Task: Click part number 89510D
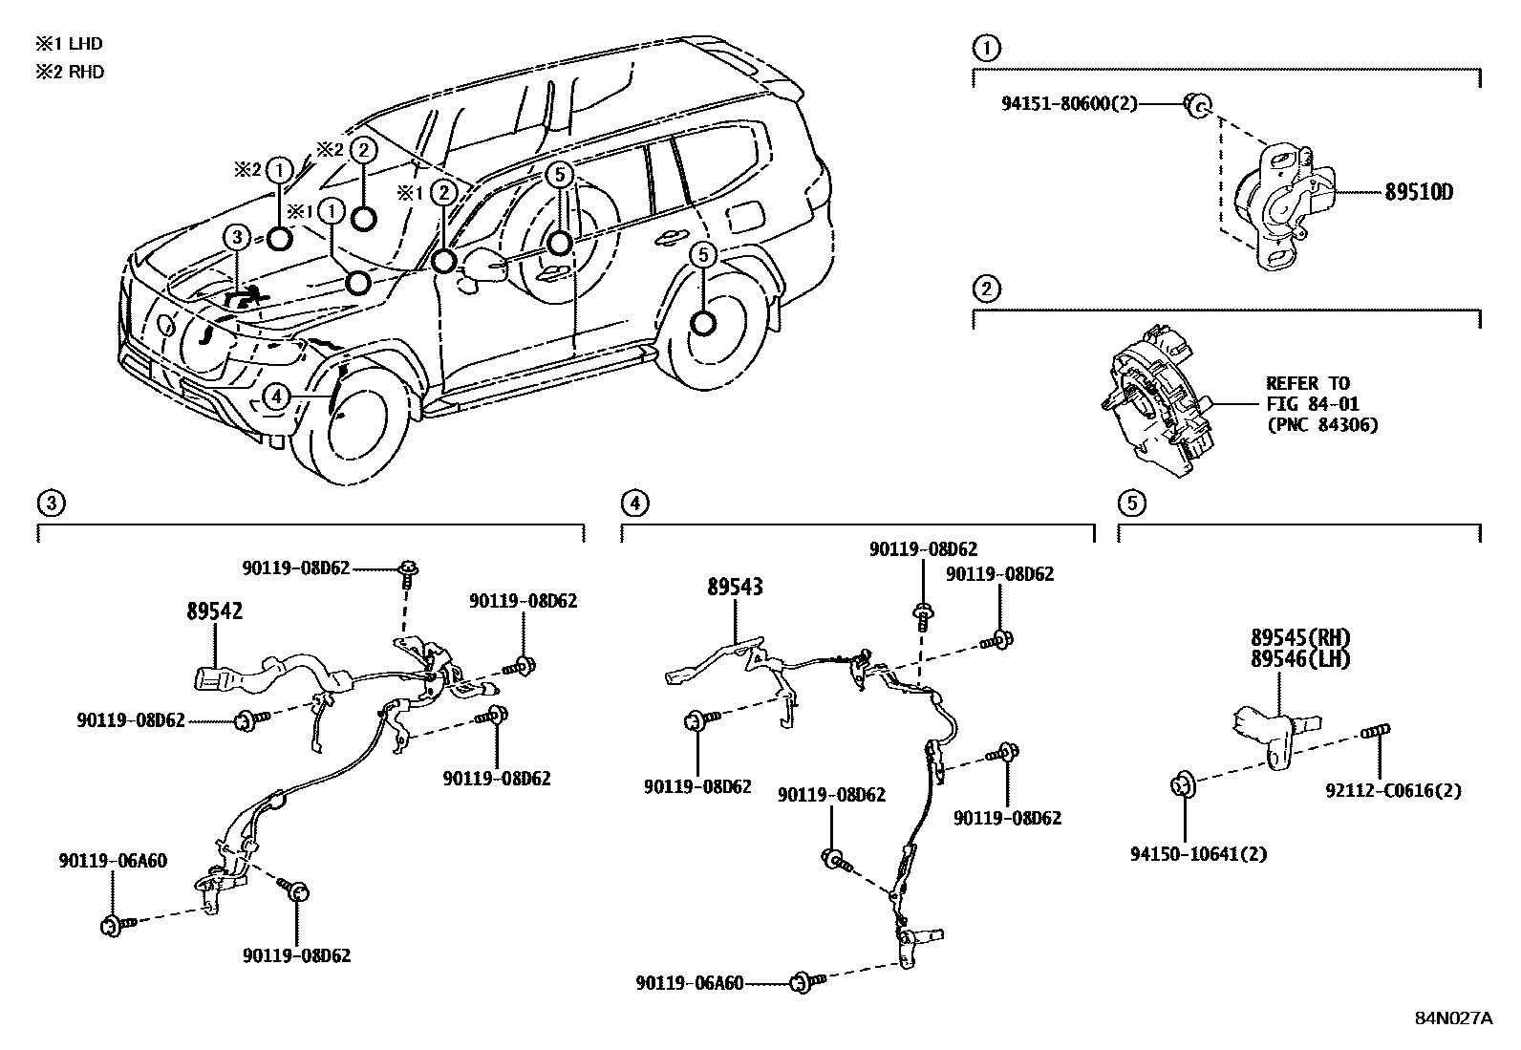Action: (x=1419, y=192)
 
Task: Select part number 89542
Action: (x=214, y=611)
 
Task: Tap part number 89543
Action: (x=735, y=587)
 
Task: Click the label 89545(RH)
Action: (x=1300, y=637)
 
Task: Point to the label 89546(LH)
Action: (x=1300, y=658)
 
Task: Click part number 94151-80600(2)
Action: (x=1069, y=103)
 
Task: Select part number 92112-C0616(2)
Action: (x=1393, y=791)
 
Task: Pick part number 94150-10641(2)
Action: (x=1198, y=853)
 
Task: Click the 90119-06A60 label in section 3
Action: (x=112, y=861)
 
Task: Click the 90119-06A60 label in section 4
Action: (x=689, y=982)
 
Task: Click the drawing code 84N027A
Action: (x=1452, y=1018)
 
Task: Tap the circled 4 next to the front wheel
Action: (x=275, y=396)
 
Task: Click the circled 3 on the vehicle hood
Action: (x=237, y=238)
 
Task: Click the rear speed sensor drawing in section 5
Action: (x=1275, y=732)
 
